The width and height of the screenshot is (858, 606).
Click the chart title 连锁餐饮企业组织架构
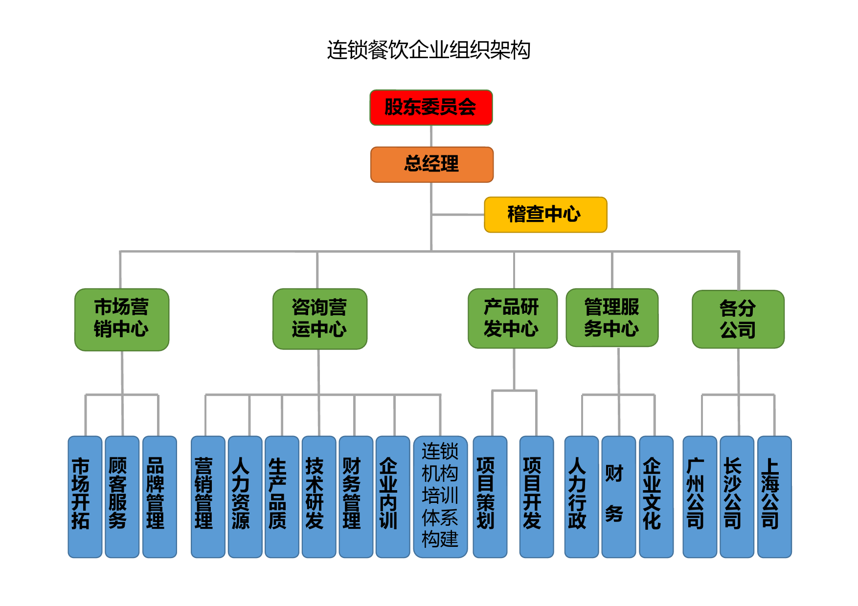tap(429, 50)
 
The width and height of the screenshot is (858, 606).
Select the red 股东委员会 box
tap(431, 108)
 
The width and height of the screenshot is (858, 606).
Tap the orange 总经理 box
tap(432, 164)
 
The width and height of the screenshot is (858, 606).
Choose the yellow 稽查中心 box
tap(545, 215)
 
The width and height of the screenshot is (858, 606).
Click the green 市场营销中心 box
tap(122, 320)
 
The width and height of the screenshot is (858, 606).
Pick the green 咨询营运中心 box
tap(320, 319)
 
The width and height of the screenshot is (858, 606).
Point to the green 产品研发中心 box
tap(513, 319)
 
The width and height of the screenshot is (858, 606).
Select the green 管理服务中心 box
tap(612, 318)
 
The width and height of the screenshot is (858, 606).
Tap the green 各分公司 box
tap(738, 319)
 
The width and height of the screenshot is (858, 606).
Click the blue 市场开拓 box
tap(85, 497)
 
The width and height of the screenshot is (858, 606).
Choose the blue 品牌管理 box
tap(159, 497)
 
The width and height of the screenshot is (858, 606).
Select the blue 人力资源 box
tap(245, 497)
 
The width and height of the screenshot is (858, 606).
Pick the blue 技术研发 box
tap(319, 497)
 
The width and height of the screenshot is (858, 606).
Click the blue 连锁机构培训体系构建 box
tap(440, 497)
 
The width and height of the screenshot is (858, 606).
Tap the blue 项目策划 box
tap(490, 497)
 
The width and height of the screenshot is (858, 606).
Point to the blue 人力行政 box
tap(582, 497)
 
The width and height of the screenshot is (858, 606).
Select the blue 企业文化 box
tap(656, 497)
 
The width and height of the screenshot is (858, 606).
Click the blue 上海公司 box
tap(774, 497)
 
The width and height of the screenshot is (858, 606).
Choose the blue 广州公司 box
tap(700, 497)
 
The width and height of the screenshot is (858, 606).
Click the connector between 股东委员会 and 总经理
tap(431, 136)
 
